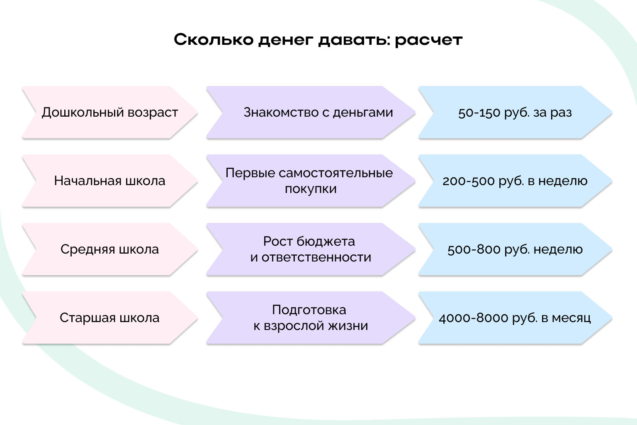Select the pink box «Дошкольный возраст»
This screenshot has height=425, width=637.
[x=109, y=112]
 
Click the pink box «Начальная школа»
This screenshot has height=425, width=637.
[x=109, y=181]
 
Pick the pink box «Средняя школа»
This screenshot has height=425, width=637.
[x=109, y=249]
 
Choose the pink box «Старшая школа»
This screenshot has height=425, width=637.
[x=109, y=318]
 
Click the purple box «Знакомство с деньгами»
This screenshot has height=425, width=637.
[x=311, y=112]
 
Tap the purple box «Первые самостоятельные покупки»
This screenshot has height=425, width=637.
[x=311, y=181]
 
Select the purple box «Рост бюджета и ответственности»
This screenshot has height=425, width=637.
[x=311, y=249]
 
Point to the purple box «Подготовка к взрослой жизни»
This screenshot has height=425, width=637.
[x=311, y=318]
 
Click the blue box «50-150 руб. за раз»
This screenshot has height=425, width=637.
[x=515, y=112]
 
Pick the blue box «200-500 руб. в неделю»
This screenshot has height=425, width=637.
[x=515, y=181]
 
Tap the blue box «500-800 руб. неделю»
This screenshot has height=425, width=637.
[x=515, y=249]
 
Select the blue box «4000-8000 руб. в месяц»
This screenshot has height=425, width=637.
[x=515, y=318]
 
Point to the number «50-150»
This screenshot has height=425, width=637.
[x=479, y=113]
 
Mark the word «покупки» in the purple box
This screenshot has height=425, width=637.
[x=311, y=189]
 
